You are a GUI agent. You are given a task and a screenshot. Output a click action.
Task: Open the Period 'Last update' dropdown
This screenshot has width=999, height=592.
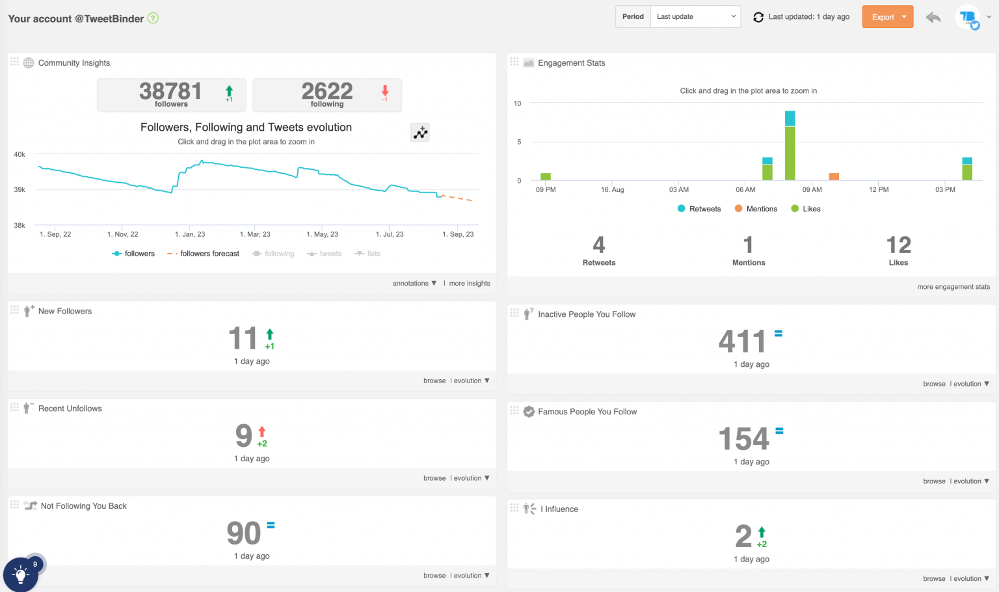(695, 17)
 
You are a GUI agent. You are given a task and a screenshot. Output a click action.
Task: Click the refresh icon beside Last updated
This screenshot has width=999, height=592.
(758, 17)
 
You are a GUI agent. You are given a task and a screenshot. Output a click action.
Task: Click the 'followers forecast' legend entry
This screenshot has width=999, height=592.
(203, 254)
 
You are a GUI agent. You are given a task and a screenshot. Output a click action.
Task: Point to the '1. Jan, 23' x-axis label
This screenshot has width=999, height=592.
(190, 234)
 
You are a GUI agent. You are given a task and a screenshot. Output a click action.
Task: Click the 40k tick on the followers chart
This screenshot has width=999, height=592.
(20, 155)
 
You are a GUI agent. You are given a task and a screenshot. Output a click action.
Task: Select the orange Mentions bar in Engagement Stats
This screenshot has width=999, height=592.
(834, 176)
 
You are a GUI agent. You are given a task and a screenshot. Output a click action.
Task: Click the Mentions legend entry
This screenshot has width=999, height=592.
(756, 209)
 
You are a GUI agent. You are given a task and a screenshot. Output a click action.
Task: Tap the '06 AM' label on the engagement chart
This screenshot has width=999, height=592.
(745, 190)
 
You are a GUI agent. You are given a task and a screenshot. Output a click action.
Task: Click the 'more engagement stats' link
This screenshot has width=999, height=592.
(953, 287)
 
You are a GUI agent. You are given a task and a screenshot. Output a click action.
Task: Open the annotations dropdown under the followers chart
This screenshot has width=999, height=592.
(414, 284)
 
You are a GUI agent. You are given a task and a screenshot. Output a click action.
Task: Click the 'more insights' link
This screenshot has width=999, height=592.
(470, 284)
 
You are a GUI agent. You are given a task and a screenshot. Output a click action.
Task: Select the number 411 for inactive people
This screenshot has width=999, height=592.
(742, 342)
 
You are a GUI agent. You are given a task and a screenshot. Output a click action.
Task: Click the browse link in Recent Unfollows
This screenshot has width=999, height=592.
(434, 478)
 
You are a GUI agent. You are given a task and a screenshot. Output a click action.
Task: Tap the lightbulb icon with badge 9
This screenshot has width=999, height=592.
(21, 574)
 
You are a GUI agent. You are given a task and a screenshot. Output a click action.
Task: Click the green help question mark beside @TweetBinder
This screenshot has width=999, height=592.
(153, 18)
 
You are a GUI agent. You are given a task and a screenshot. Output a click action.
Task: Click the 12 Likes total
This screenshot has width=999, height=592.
(898, 246)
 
